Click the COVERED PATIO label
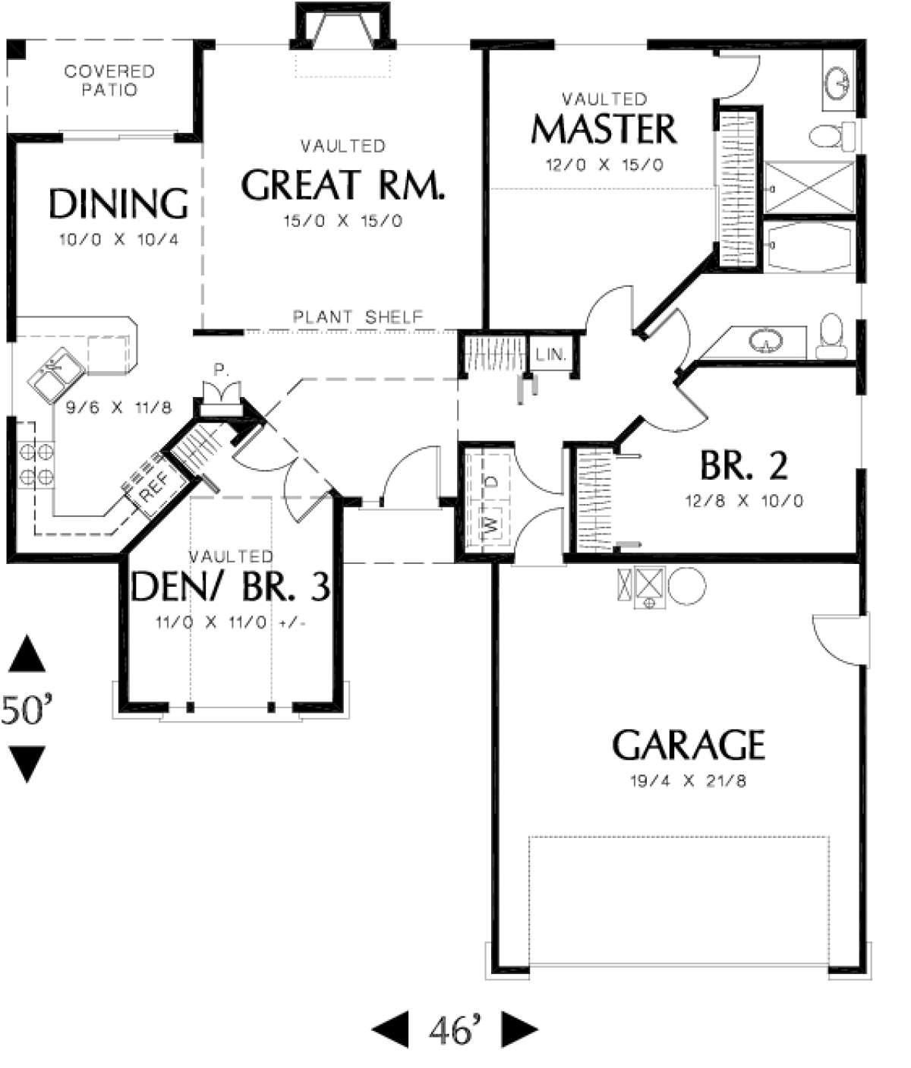click(109, 80)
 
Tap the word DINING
click(118, 203)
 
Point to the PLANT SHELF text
click(358, 317)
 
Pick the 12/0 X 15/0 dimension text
click(604, 165)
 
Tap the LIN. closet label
click(551, 354)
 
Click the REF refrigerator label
click(153, 487)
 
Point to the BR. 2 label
click(743, 465)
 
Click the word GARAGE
click(689, 745)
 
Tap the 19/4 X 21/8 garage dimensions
click(689, 781)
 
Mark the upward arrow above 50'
click(27, 653)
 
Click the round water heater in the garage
click(687, 585)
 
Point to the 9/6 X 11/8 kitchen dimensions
click(118, 408)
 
